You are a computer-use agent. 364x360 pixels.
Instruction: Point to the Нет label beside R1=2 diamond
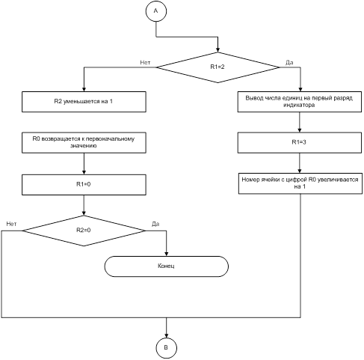145,62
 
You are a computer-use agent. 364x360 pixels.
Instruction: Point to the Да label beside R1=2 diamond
289,63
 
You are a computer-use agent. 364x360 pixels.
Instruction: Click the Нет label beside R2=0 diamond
11,224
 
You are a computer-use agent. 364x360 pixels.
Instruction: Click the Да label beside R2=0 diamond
155,224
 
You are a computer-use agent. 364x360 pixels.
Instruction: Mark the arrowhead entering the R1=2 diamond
218,50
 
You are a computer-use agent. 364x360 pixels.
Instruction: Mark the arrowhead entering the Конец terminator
167,254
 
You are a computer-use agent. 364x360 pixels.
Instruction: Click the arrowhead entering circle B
167,335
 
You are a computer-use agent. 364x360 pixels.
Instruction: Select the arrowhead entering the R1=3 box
300,130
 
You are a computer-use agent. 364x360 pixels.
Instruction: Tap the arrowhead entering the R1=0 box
84,172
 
